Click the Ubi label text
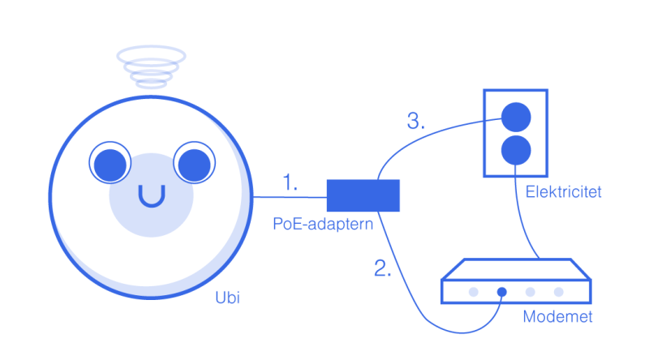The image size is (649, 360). click(x=227, y=298)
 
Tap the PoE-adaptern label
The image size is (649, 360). click(x=323, y=224)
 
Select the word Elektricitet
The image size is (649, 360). click(x=563, y=192)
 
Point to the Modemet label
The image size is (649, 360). click(x=557, y=316)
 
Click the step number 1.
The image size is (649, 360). click(x=290, y=182)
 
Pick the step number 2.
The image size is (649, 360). click(x=382, y=268)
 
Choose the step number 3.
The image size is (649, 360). click(x=415, y=122)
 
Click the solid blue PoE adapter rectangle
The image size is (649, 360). click(x=363, y=195)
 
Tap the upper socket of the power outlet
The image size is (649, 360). click(x=516, y=118)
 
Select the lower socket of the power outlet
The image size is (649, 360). click(x=516, y=150)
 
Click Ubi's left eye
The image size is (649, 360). click(x=110, y=163)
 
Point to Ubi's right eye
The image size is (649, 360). click(x=194, y=163)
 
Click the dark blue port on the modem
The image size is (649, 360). click(x=501, y=292)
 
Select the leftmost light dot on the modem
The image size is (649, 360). click(x=474, y=292)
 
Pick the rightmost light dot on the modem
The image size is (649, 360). click(x=558, y=292)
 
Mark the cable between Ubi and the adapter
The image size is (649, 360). click(x=290, y=197)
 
